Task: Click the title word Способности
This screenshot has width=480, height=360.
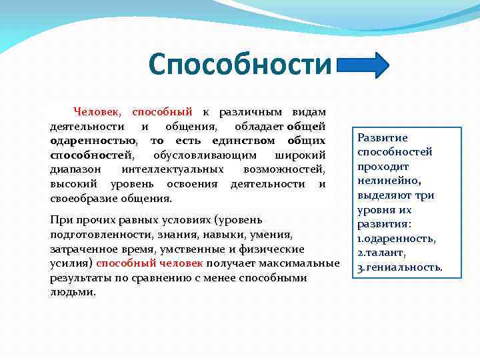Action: tap(240, 65)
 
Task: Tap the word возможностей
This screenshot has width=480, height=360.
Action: tap(284, 169)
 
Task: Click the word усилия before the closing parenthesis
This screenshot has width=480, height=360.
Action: tap(69, 263)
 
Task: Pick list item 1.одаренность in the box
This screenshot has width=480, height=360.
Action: tap(396, 239)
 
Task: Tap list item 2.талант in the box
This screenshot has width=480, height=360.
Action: tap(381, 253)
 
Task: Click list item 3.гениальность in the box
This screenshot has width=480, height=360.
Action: tap(399, 267)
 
